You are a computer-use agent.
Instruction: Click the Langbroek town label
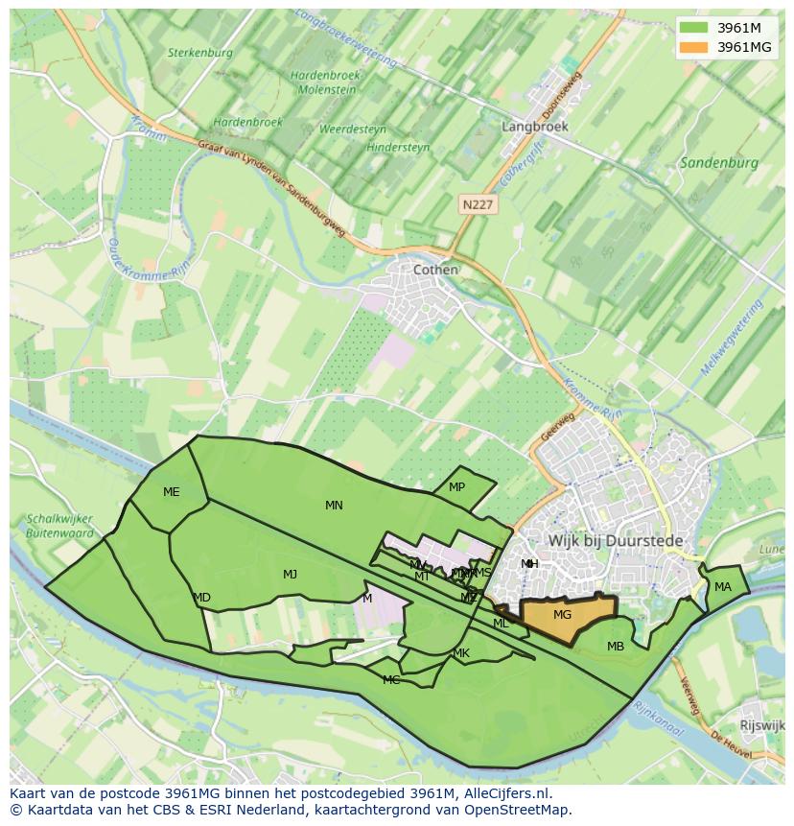point(535,127)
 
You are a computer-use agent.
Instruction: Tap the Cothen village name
point(435,271)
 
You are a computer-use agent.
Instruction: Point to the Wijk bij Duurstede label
point(616,541)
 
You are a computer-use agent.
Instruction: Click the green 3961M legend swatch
point(692,28)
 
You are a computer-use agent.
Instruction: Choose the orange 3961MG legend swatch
point(692,47)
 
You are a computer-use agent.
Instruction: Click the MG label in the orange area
point(563,615)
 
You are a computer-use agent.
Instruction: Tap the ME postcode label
point(171,492)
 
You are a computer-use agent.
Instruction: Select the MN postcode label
point(334,506)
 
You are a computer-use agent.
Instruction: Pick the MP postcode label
point(456,487)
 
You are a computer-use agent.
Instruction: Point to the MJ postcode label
point(290,575)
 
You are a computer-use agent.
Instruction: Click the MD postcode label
point(201,598)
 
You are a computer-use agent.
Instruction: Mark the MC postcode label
point(391,680)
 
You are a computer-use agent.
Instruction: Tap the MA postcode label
point(723,587)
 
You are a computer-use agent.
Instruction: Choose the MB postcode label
point(616,647)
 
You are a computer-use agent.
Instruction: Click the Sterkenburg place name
point(199,54)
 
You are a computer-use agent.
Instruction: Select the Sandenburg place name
point(718,163)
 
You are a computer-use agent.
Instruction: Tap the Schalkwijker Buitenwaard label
point(59,527)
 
